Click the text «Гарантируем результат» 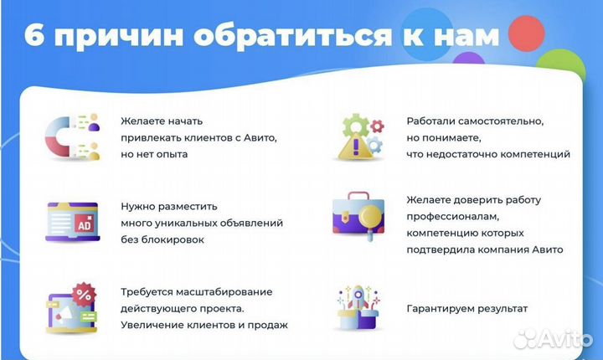pos(467,309)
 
